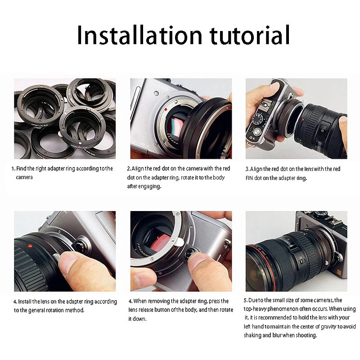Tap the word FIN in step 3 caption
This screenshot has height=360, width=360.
click(249, 178)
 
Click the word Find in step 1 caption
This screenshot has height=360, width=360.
click(21, 168)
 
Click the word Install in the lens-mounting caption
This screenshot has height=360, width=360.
click(25, 301)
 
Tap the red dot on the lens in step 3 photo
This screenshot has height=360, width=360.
click(303, 120)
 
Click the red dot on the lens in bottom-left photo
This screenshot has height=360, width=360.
click(30, 246)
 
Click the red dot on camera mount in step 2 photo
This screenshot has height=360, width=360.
click(166, 109)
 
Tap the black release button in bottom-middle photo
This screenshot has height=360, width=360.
click(190, 253)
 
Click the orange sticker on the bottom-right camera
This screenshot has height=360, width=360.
click(339, 272)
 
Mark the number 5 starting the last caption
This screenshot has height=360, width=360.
click(245, 300)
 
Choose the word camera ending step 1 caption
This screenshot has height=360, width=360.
click(24, 177)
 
